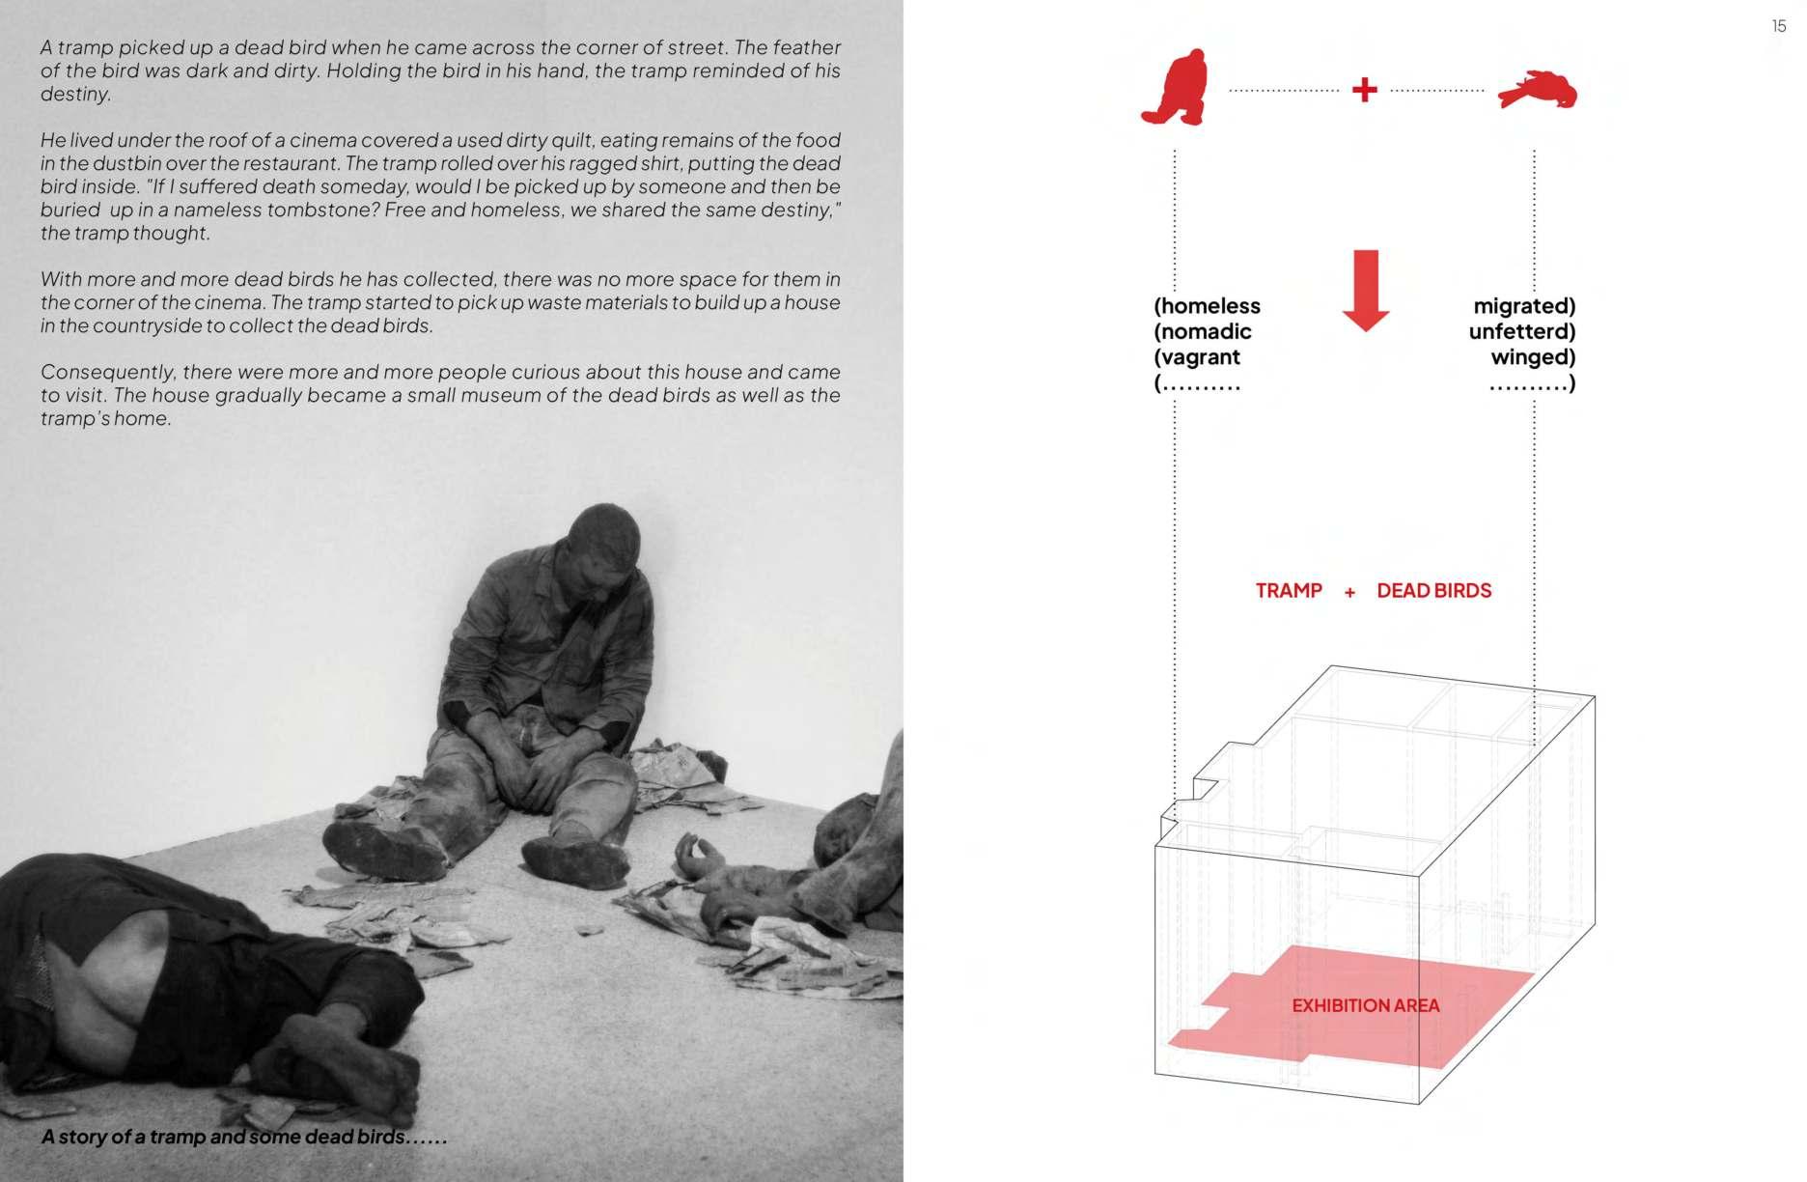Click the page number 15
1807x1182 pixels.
(1779, 26)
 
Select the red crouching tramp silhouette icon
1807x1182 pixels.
(1174, 89)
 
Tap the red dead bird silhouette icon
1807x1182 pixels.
(1537, 91)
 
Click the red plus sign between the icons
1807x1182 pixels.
(1364, 91)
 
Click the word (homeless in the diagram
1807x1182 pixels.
(1207, 306)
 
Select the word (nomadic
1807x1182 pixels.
(1203, 331)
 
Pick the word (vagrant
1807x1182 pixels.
(1197, 356)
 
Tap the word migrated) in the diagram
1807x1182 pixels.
(1524, 306)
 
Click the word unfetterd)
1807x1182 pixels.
(1521, 331)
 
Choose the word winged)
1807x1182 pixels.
(1533, 356)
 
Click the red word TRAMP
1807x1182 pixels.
(1288, 591)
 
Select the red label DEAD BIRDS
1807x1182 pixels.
(1433, 591)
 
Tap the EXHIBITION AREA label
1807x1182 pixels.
(1365, 1005)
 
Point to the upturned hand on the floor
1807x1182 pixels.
(699, 856)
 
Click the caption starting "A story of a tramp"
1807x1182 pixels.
(244, 1137)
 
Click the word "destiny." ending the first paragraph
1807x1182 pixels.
(76, 95)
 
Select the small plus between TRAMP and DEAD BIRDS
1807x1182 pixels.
(1349, 592)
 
